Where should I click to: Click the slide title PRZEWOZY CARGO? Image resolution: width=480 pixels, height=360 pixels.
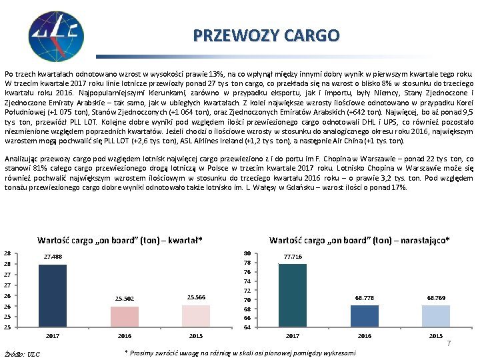[x=266, y=35]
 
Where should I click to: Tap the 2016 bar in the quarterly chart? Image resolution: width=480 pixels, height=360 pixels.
[x=125, y=317]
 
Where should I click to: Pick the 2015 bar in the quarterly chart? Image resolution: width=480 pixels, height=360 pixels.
[x=195, y=316]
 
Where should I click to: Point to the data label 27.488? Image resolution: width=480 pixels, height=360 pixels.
[x=53, y=257]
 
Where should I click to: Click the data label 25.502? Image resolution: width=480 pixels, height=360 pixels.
[x=125, y=299]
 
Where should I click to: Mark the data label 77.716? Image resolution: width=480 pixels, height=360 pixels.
[x=292, y=256]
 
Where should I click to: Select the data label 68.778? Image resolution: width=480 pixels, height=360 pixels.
[x=364, y=298]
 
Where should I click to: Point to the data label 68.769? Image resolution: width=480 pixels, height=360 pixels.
[x=435, y=298]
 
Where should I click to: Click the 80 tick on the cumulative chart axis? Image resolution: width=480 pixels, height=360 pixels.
[x=247, y=253]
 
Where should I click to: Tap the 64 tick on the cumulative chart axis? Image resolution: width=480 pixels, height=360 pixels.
[x=247, y=327]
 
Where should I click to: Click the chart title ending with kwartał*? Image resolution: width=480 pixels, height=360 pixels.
[x=120, y=240]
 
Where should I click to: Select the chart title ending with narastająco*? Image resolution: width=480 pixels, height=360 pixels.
[x=359, y=240]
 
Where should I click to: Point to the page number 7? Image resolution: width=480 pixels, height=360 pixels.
[x=449, y=343]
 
